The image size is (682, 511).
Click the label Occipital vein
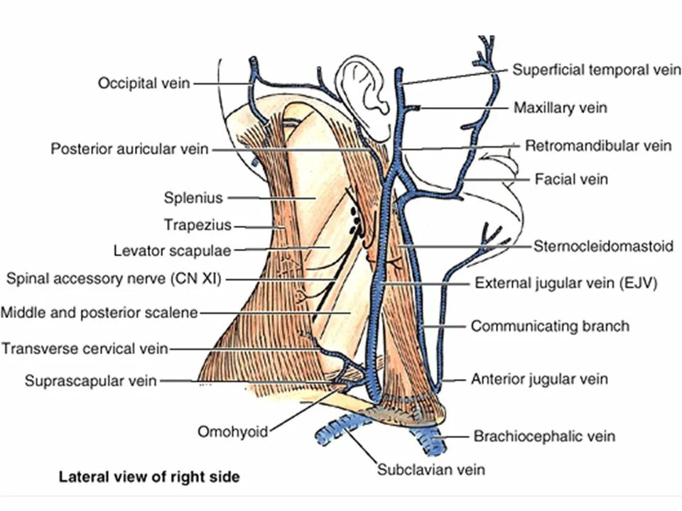click(144, 83)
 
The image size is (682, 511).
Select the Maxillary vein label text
click(560, 108)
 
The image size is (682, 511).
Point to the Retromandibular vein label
click(597, 146)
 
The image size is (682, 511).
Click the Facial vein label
click(571, 179)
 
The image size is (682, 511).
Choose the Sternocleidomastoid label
click(603, 246)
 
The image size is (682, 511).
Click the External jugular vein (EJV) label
click(565, 282)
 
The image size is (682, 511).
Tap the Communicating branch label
click(550, 326)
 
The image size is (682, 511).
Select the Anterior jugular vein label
click(539, 379)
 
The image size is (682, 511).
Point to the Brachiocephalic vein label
click(544, 436)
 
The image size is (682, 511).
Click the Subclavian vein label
click(431, 469)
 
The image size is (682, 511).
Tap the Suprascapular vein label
click(91, 381)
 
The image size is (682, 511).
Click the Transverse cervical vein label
click(85, 348)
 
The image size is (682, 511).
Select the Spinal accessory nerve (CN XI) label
click(114, 279)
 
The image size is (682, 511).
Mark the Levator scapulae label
click(173, 251)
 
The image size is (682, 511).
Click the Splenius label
click(193, 197)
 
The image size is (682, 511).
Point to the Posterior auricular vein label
click(130, 149)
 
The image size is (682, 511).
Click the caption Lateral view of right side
click(148, 477)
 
